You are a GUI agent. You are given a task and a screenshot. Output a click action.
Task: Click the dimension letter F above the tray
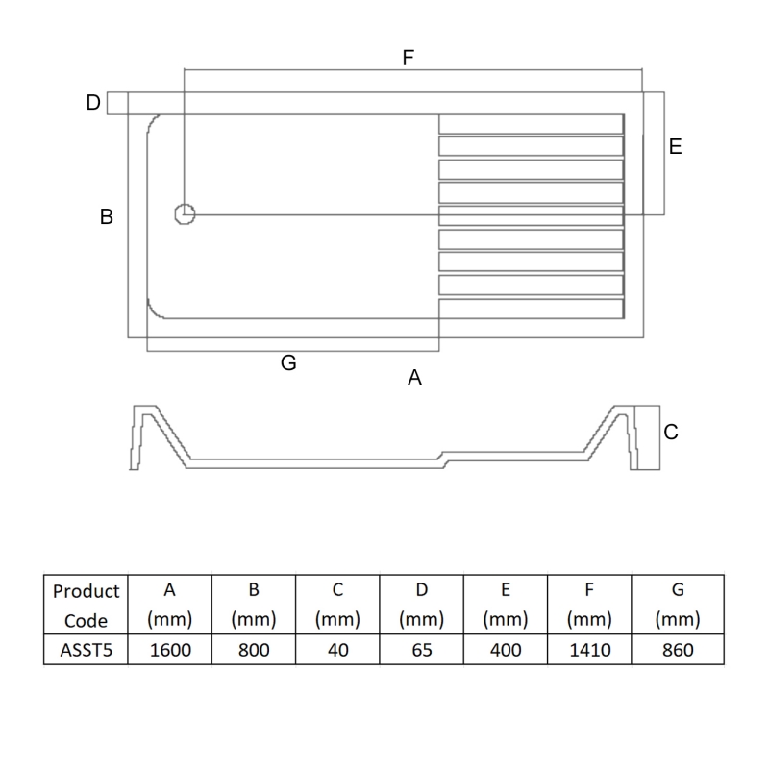(x=408, y=58)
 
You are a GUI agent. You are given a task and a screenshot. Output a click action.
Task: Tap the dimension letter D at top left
(x=93, y=103)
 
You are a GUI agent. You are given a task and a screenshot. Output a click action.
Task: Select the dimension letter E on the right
(x=675, y=147)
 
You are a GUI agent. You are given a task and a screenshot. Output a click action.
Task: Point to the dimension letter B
(x=107, y=217)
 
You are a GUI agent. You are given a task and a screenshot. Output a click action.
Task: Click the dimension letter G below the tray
(x=288, y=363)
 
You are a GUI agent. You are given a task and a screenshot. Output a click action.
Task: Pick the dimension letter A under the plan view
(x=415, y=378)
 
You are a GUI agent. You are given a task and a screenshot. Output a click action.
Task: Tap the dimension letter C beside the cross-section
(x=671, y=433)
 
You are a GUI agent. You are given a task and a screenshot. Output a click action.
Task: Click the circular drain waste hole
(x=185, y=214)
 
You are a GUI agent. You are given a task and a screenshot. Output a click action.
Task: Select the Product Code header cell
(x=86, y=606)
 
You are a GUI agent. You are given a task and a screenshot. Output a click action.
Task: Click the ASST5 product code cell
(x=86, y=650)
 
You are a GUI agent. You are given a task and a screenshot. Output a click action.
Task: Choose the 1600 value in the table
(x=171, y=650)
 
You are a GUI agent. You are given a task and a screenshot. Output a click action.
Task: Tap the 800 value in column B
(x=255, y=650)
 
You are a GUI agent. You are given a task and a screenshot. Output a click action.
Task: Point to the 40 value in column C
(x=338, y=650)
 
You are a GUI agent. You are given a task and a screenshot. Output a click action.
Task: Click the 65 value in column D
(x=422, y=650)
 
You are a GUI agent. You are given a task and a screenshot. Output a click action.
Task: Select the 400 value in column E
(x=506, y=650)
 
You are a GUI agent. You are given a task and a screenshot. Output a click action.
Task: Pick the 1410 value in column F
(x=589, y=650)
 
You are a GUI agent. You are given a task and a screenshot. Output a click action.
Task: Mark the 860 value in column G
(x=678, y=650)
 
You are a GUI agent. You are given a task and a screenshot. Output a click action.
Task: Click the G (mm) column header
(x=678, y=606)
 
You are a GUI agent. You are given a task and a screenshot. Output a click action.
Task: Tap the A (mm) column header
(x=171, y=606)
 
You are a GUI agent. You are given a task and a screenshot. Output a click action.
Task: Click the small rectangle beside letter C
(x=646, y=438)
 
